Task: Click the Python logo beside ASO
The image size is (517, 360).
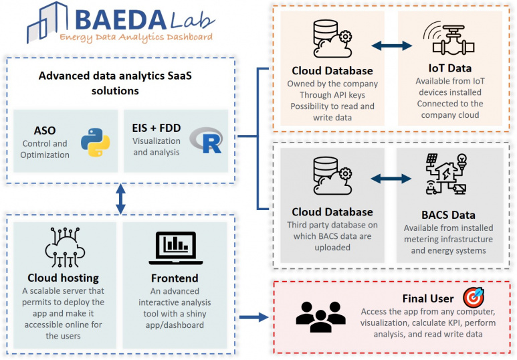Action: coord(95,143)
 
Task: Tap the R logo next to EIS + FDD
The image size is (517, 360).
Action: coord(207,141)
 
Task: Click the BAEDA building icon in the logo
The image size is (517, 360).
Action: coord(47,22)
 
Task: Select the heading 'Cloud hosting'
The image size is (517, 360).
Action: coord(63,278)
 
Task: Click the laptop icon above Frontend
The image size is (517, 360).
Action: coord(175,248)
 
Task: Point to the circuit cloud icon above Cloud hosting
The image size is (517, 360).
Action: coord(65,247)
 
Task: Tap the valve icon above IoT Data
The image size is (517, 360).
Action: coord(449,39)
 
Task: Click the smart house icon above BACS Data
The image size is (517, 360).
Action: coord(447,174)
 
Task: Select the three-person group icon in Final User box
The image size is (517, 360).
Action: coord(320,317)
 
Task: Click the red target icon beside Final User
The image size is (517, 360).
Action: coord(474,297)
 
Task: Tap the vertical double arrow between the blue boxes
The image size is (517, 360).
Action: coord(120,199)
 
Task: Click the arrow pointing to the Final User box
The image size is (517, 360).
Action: coord(254,317)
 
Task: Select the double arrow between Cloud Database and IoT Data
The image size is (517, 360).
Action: coord(392,46)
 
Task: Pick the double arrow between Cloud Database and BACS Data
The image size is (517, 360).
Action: coord(391,179)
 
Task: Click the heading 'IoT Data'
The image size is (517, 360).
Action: coord(449,68)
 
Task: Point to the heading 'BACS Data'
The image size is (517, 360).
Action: coord(448,215)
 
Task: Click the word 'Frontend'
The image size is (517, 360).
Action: coord(175,278)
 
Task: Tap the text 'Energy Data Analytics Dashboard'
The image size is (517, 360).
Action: coord(136,37)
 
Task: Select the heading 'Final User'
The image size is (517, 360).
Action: coord(428,298)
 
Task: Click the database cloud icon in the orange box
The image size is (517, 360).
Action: coord(332,39)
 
